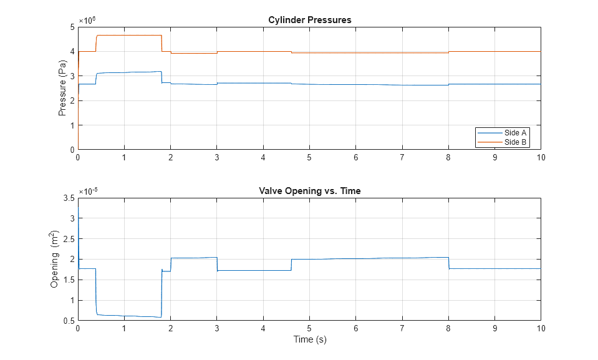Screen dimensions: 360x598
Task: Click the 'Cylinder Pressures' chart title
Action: [309, 20]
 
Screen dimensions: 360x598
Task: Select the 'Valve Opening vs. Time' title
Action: [309, 191]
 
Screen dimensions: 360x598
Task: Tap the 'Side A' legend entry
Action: [515, 133]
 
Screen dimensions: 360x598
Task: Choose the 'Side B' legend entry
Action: [515, 142]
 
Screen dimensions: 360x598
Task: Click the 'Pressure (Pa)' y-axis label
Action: [62, 88]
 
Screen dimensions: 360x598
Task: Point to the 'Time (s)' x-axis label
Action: [309, 340]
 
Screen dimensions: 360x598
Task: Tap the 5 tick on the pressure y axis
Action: [72, 27]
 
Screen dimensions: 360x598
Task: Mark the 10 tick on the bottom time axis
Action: [540, 328]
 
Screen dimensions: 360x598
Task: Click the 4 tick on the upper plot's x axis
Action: [263, 157]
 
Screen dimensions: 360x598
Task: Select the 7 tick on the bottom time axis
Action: [402, 328]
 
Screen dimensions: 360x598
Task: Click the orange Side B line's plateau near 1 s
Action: [124, 36]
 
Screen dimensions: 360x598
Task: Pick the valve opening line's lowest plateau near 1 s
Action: [124, 316]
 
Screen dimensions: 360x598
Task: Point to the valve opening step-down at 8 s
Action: [449, 263]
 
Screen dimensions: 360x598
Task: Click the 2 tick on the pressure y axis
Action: [72, 100]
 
